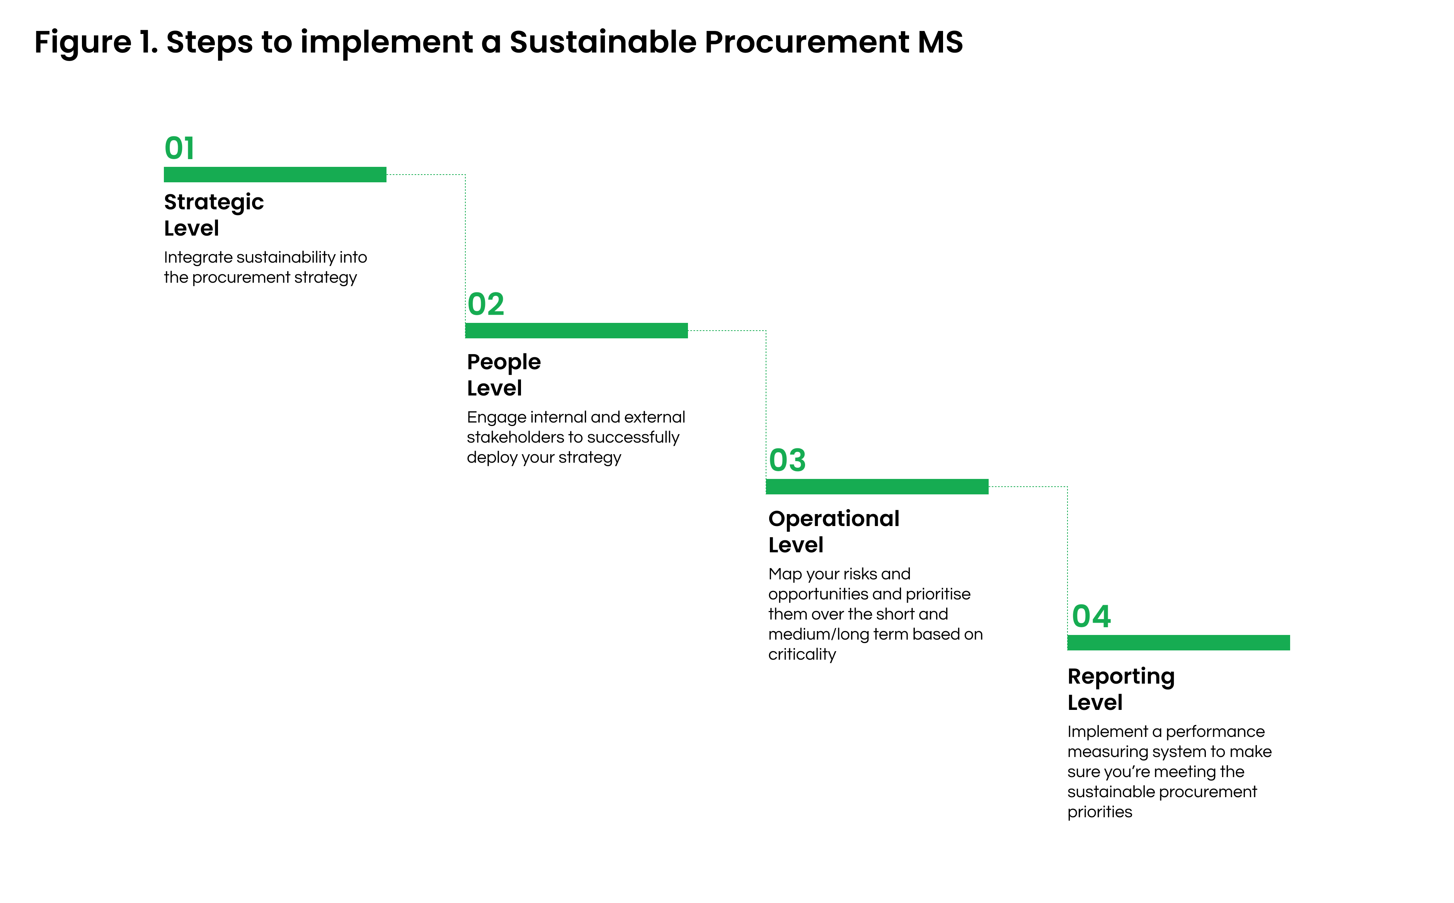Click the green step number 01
tap(179, 148)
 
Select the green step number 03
tap(787, 460)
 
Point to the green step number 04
tap(1091, 616)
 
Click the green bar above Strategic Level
tap(275, 175)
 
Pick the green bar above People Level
tap(576, 330)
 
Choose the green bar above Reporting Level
tap(1178, 643)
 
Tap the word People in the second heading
tap(504, 363)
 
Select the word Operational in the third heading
tap(834, 519)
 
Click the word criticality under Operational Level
tap(802, 655)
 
